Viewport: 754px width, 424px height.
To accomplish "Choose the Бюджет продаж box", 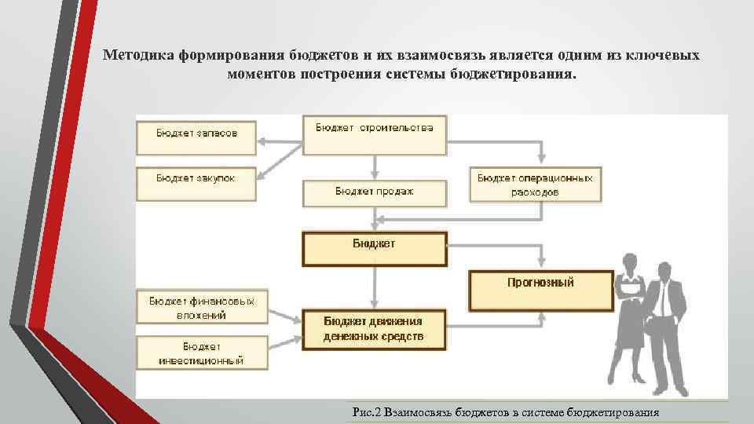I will [x=375, y=193].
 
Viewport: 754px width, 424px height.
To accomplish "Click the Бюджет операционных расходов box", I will [x=535, y=185].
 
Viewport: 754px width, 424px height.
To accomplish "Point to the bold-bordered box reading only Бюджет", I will [x=375, y=248].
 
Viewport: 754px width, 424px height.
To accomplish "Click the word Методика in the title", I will [x=140, y=57].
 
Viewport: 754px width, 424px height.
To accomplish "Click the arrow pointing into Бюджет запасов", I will [x=267, y=141].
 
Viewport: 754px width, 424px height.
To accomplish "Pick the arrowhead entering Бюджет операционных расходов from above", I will [x=539, y=159].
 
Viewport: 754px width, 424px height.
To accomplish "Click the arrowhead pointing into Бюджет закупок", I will [x=265, y=174].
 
